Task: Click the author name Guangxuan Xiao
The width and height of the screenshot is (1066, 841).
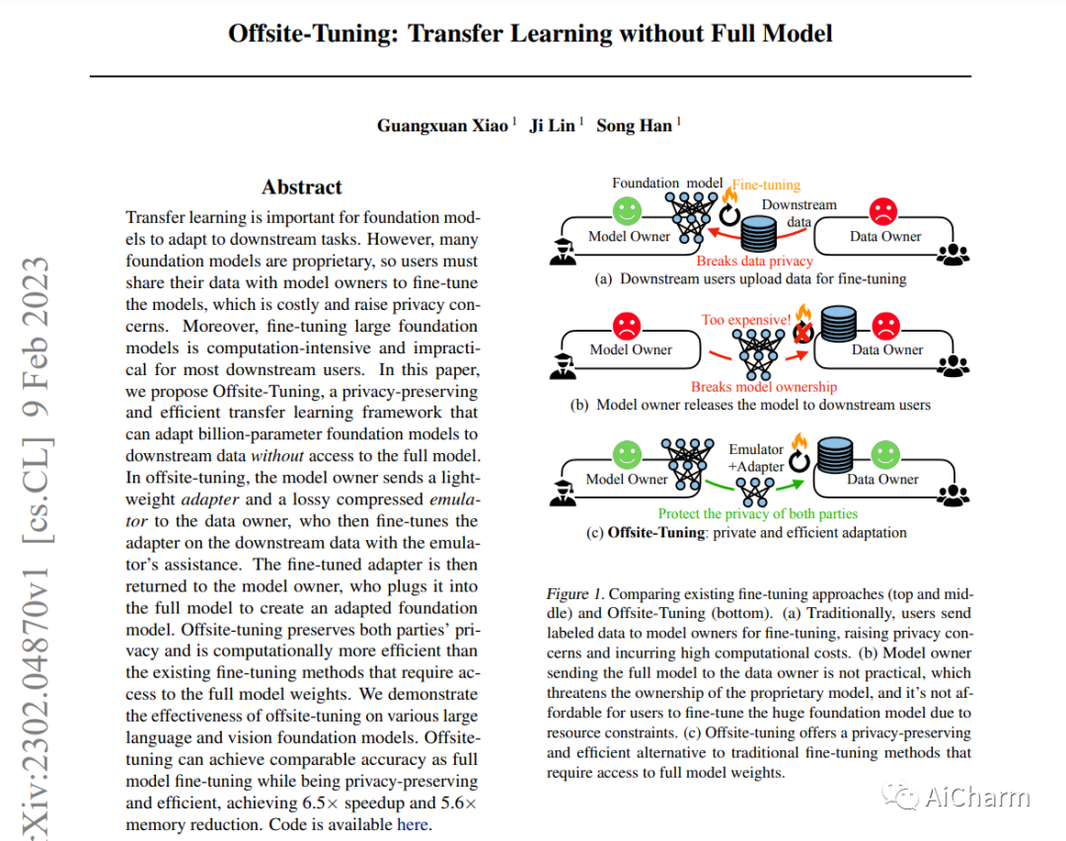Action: (x=442, y=125)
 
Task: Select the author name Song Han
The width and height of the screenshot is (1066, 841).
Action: (x=634, y=125)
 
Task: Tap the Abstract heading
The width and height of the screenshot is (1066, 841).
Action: (x=302, y=187)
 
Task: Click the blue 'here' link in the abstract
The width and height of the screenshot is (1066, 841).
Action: (x=413, y=824)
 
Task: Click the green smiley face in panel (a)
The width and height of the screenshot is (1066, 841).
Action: (x=627, y=210)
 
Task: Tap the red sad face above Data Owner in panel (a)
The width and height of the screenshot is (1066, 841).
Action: (x=882, y=210)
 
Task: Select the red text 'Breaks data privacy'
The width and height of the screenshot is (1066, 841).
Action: (x=754, y=261)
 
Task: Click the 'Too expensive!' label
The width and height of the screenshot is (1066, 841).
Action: (x=746, y=320)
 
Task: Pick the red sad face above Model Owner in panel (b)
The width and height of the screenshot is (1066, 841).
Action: (x=627, y=324)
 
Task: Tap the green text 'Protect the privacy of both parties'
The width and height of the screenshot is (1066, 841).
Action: (x=757, y=513)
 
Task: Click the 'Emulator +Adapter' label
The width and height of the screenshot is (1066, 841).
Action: (x=756, y=458)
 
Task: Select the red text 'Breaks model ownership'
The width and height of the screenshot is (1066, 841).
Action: (x=763, y=387)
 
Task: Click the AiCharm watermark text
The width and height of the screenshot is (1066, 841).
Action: (x=976, y=798)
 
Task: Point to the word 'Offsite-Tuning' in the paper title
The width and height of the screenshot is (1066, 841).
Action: (x=313, y=34)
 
